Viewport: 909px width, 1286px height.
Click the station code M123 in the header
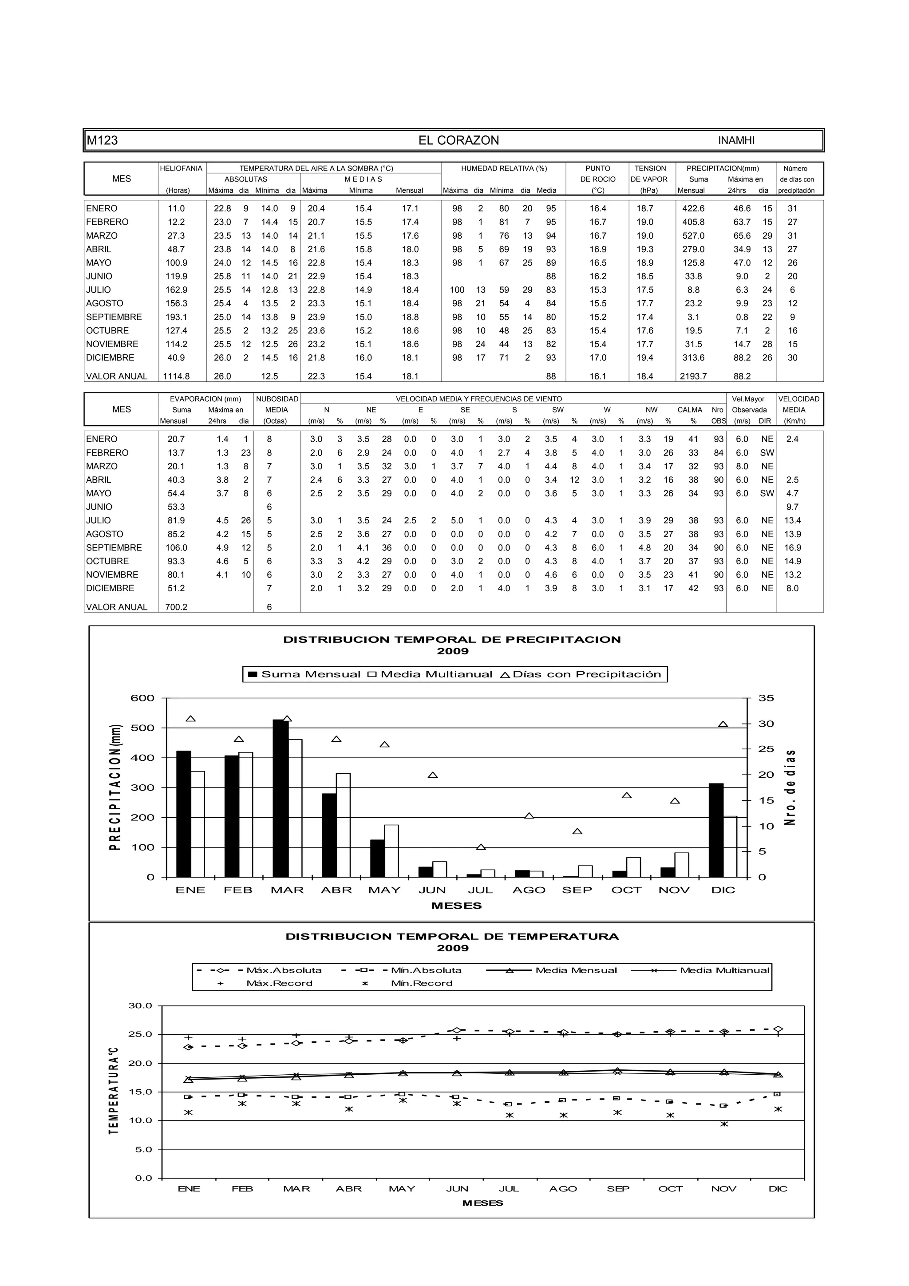[x=102, y=141]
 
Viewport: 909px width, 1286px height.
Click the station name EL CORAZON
[x=458, y=141]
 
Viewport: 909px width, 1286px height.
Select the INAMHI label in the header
[x=736, y=141]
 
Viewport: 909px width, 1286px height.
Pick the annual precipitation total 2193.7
[x=693, y=376]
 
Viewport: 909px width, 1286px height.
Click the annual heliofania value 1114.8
[x=176, y=376]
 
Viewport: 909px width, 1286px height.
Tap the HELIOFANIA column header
[x=181, y=169]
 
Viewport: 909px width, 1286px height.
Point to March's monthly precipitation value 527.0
[x=693, y=236]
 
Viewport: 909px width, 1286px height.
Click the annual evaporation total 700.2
[x=176, y=607]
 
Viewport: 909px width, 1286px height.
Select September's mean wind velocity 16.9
[x=793, y=548]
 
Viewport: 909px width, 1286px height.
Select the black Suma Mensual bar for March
[x=280, y=798]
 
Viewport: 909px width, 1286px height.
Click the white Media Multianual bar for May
[x=391, y=851]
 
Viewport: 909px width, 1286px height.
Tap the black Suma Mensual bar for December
[x=716, y=830]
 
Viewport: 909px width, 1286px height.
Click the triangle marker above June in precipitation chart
[x=432, y=775]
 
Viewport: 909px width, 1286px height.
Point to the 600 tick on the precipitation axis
[x=142, y=698]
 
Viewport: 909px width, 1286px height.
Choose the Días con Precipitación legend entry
[x=580, y=674]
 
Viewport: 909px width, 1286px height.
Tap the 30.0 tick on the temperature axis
[x=140, y=1005]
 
